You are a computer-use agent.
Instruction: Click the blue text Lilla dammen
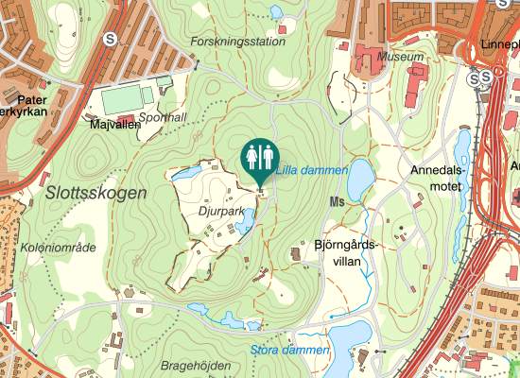tap(311, 171)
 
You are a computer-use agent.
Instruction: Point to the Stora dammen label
tap(290, 350)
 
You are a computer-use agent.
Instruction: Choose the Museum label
tap(399, 57)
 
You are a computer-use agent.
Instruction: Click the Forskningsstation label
tap(236, 43)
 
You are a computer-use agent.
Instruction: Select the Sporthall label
tap(163, 117)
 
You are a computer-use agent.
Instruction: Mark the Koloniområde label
tap(58, 248)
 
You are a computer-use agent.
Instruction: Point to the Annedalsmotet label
tap(436, 179)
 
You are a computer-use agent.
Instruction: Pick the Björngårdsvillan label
tap(345, 252)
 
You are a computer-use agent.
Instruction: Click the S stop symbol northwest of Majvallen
tap(112, 40)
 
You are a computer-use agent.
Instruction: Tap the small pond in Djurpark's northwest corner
tap(185, 174)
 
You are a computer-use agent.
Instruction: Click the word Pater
tap(32, 97)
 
